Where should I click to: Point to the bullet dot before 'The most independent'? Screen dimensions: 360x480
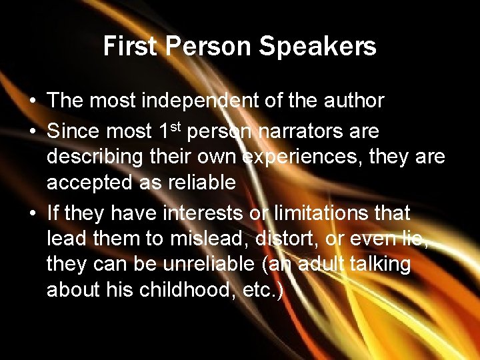tap(33, 101)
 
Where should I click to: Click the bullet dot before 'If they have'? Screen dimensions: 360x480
tap(33, 214)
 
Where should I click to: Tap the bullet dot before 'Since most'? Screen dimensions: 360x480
tap(33, 132)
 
